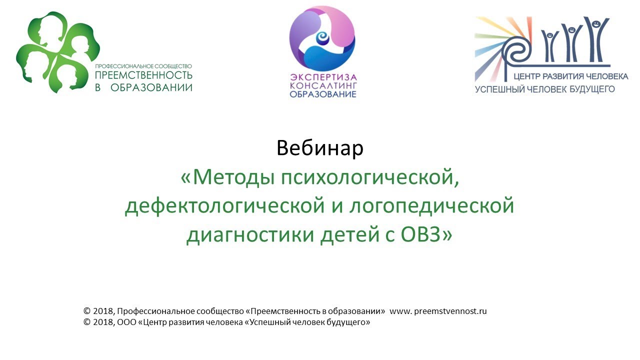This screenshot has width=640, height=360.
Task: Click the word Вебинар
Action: pyautogui.click(x=320, y=148)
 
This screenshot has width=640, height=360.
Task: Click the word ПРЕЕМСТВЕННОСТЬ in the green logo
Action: pyautogui.click(x=143, y=76)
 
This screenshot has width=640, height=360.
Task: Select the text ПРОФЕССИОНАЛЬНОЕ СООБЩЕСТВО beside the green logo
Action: pyautogui.click(x=143, y=66)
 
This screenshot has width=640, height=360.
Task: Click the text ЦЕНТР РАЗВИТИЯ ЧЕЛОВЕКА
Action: pyautogui.click(x=570, y=77)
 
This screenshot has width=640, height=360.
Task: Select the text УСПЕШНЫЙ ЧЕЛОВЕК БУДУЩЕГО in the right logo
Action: pyautogui.click(x=544, y=89)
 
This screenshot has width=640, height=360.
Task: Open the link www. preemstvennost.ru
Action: pyautogui.click(x=438, y=311)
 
